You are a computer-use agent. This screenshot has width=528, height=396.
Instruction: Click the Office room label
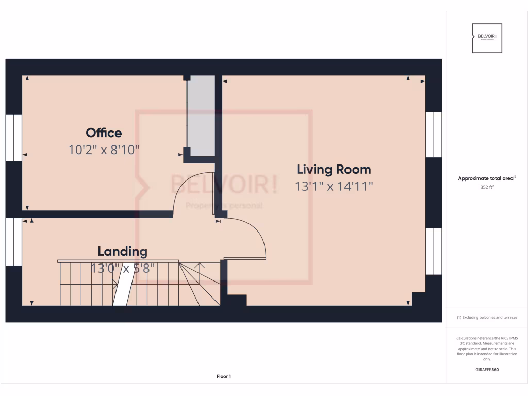[x=104, y=133]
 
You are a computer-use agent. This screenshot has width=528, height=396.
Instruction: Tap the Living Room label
[x=334, y=169]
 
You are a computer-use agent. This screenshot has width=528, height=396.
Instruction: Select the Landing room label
[x=122, y=252]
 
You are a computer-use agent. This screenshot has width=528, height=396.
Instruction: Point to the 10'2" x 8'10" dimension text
[x=104, y=150]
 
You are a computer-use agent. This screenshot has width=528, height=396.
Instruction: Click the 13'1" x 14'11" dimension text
[x=334, y=186]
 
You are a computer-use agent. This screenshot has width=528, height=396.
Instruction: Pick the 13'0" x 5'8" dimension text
[x=122, y=269]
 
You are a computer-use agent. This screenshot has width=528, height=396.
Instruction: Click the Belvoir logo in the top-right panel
[x=487, y=38]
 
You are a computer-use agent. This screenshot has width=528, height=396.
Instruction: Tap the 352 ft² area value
[x=487, y=187]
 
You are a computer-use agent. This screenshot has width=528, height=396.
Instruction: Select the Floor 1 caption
[x=224, y=377]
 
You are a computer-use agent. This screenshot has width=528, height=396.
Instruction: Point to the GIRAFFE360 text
[x=487, y=369]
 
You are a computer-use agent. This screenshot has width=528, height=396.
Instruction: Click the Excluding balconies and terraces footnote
[x=487, y=317]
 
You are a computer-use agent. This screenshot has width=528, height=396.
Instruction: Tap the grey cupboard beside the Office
[x=201, y=115]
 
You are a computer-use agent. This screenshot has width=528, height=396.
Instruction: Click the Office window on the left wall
[x=14, y=138]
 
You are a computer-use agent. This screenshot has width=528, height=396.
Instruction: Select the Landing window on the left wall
[x=14, y=241]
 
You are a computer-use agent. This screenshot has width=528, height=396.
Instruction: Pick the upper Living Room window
[x=434, y=135]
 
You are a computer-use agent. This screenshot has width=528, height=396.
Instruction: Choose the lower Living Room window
[x=434, y=251]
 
